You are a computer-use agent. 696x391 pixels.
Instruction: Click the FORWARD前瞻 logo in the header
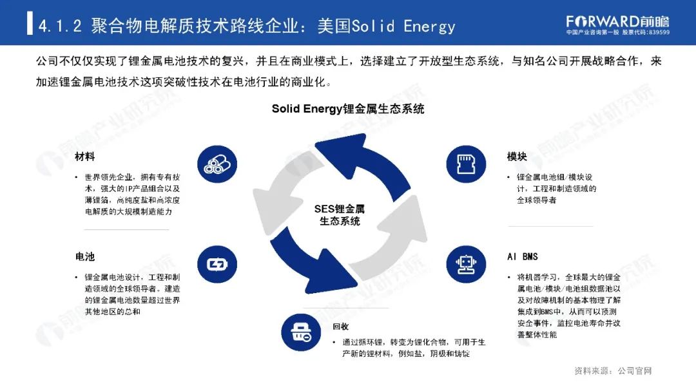[617, 20]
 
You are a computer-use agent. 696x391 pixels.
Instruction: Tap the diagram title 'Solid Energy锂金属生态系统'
[348, 109]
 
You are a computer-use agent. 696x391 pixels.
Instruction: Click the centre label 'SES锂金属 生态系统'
[340, 215]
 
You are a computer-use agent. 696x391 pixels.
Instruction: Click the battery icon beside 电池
[213, 263]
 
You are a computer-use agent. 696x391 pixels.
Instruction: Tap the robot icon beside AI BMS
[462, 263]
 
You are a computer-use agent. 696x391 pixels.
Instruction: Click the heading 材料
[84, 157]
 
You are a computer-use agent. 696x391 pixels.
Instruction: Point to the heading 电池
[84, 256]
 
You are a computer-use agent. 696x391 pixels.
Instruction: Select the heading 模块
[517, 157]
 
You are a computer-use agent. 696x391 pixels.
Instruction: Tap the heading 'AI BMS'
[522, 256]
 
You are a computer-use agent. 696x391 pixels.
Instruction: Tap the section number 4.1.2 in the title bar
[60, 26]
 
